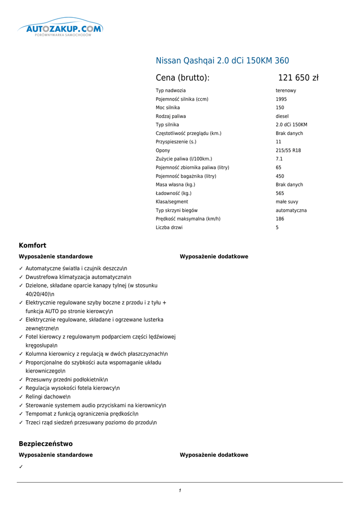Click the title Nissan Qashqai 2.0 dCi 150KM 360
(222, 61)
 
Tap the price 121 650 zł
(298, 78)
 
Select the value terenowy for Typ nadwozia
(286, 91)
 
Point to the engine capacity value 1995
(281, 99)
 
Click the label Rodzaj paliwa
(171, 116)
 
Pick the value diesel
(282, 116)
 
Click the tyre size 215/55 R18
(288, 150)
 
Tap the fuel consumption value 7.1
(279, 159)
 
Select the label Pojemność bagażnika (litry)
(186, 176)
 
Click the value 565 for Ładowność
(280, 193)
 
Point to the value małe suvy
(287, 202)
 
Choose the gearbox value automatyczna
(291, 210)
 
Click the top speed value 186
(280, 219)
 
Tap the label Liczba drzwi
(169, 227)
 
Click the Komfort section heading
(32, 245)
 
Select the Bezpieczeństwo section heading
(46, 444)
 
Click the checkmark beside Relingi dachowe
(21, 397)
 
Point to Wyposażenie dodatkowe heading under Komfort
(214, 256)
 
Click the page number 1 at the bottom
(180, 491)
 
